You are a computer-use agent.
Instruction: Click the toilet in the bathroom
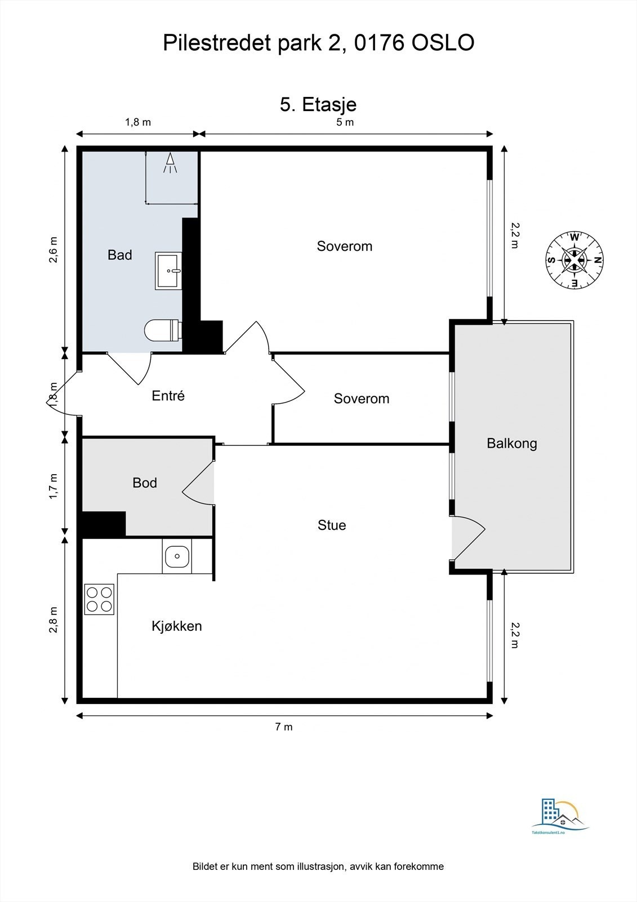[162, 330]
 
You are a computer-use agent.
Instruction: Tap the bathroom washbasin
[168, 271]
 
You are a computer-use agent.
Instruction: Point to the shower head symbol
[171, 163]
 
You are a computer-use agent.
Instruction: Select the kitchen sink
[177, 556]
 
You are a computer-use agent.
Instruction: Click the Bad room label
[120, 255]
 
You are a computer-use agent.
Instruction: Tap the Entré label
[168, 396]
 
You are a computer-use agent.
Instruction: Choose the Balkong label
[512, 443]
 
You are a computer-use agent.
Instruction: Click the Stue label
[332, 525]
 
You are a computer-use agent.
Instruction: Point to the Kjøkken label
[177, 626]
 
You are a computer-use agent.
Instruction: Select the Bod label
[144, 483]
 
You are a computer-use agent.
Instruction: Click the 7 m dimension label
[284, 727]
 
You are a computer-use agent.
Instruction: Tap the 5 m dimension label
[345, 122]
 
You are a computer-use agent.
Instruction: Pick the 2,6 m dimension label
[53, 250]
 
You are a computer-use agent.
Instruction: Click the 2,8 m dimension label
[53, 620]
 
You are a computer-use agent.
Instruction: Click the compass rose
[574, 260]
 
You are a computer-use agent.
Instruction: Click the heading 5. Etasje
[318, 105]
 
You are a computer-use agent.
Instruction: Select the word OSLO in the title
[443, 43]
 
